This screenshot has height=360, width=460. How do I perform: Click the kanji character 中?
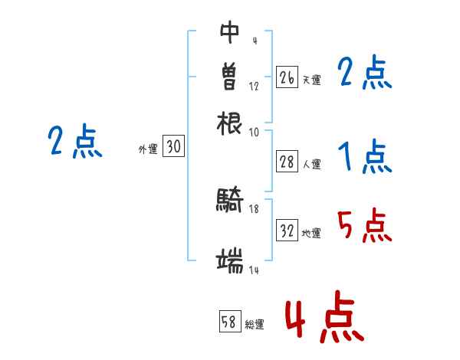[230, 32]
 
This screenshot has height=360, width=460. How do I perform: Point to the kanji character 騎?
[230, 201]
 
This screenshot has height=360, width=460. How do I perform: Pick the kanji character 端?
[230, 262]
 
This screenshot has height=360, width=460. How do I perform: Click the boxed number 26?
[287, 77]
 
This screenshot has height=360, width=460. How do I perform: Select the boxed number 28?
[287, 162]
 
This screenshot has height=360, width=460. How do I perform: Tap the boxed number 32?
[287, 231]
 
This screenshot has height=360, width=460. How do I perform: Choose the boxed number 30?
[173, 148]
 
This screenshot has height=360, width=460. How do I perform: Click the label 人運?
[311, 163]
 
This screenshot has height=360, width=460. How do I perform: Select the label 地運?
[311, 233]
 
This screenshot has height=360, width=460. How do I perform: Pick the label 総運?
[255, 324]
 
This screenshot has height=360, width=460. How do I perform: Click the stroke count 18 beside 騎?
[254, 208]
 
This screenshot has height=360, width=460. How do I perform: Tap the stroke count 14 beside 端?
[254, 270]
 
